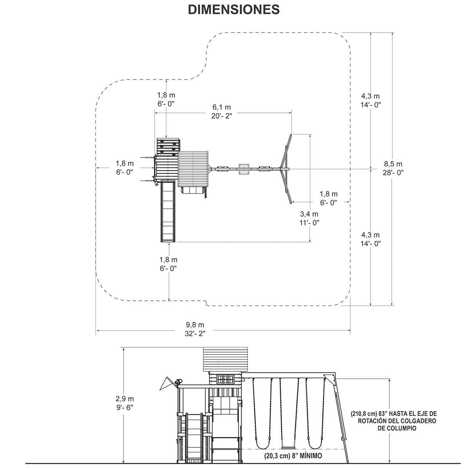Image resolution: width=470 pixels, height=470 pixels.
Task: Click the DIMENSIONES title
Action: [234, 9]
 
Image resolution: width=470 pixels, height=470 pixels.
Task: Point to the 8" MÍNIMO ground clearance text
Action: [293, 456]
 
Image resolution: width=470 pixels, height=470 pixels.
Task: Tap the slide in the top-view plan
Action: [168, 211]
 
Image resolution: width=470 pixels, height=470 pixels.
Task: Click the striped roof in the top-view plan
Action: [193, 169]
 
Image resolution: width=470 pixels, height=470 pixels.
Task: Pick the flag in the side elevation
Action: [165, 383]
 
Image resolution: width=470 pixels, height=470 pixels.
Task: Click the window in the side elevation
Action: [225, 380]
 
